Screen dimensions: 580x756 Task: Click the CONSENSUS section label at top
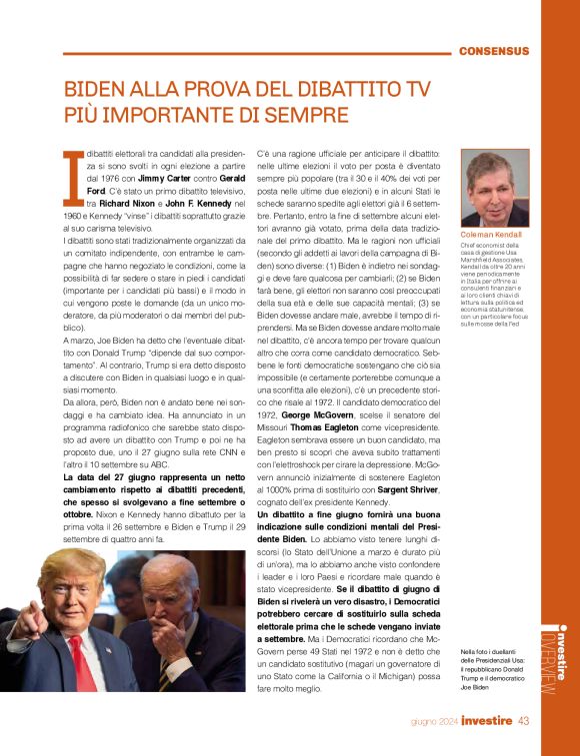pyautogui.click(x=493, y=50)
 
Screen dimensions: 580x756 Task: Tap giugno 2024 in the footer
pyautogui.click(x=434, y=721)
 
